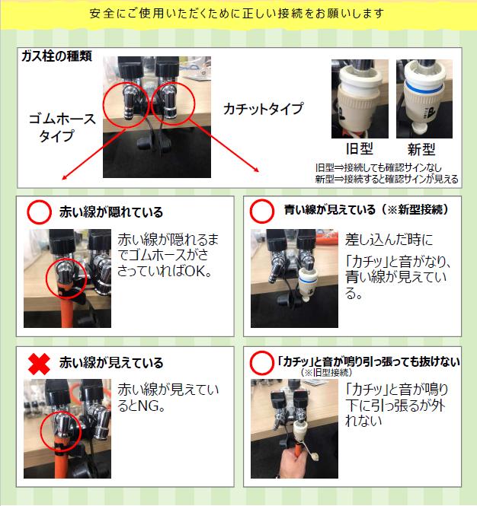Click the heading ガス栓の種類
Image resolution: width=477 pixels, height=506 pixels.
(x=56, y=56)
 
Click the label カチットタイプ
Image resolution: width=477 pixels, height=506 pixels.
(x=264, y=108)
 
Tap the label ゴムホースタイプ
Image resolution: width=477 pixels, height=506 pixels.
(x=62, y=128)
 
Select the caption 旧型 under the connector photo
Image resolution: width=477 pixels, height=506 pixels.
(x=360, y=149)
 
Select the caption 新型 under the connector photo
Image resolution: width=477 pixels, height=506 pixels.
(x=421, y=149)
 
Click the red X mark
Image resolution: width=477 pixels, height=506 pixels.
(x=39, y=364)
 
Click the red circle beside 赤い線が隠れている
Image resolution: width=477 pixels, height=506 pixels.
(x=39, y=212)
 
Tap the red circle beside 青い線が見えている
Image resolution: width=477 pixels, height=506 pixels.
(x=262, y=211)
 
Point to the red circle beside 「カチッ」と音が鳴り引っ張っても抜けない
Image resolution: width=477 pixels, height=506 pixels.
(x=262, y=363)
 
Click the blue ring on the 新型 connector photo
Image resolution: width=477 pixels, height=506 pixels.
(x=424, y=88)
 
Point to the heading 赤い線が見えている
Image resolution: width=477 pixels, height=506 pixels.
(x=111, y=363)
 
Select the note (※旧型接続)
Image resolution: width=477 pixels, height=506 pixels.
(x=326, y=372)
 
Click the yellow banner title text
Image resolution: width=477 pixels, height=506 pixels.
(x=237, y=13)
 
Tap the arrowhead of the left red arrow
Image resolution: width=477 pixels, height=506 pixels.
(x=65, y=177)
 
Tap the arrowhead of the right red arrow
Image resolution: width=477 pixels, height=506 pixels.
(x=256, y=170)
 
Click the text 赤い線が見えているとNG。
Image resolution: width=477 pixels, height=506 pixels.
(x=168, y=397)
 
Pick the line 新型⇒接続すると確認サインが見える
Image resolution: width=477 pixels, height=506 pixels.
(x=386, y=179)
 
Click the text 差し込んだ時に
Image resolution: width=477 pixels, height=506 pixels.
(x=389, y=240)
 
